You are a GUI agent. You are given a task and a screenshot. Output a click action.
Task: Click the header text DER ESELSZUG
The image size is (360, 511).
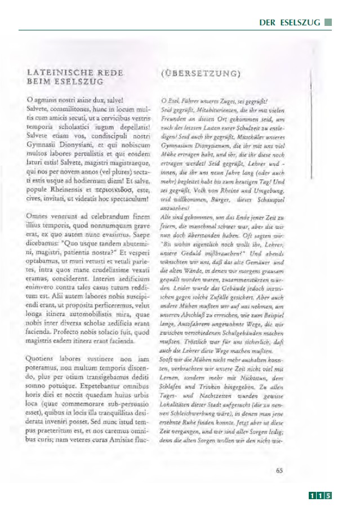(290, 23)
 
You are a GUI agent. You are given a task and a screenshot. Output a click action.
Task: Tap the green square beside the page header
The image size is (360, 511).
(329, 23)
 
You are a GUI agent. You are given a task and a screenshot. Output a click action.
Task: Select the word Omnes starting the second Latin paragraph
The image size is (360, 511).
(37, 216)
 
